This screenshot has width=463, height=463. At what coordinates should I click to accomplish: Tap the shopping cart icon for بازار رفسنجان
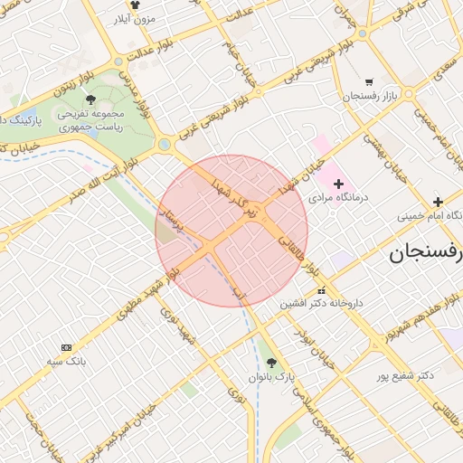pos(369,81)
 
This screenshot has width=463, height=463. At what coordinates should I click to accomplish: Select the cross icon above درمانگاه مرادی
pos(339,184)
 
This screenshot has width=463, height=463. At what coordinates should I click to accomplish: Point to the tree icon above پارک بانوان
pos(271,363)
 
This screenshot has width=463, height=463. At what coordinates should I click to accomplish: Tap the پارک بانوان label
pos(272,376)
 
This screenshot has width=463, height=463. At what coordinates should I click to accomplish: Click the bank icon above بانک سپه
pos(66,347)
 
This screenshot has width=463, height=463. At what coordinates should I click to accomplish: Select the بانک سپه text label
pos(68,361)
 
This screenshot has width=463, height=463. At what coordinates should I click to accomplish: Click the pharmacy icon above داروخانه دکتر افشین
pos(322,290)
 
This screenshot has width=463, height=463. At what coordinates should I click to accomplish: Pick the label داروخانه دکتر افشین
pos(322,304)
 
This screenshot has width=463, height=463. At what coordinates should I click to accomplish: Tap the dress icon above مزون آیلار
pos(135,5)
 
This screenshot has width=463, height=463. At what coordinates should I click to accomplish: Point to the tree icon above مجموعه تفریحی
pos(90,100)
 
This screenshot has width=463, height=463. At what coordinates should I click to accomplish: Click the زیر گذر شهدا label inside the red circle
pos(236,200)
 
